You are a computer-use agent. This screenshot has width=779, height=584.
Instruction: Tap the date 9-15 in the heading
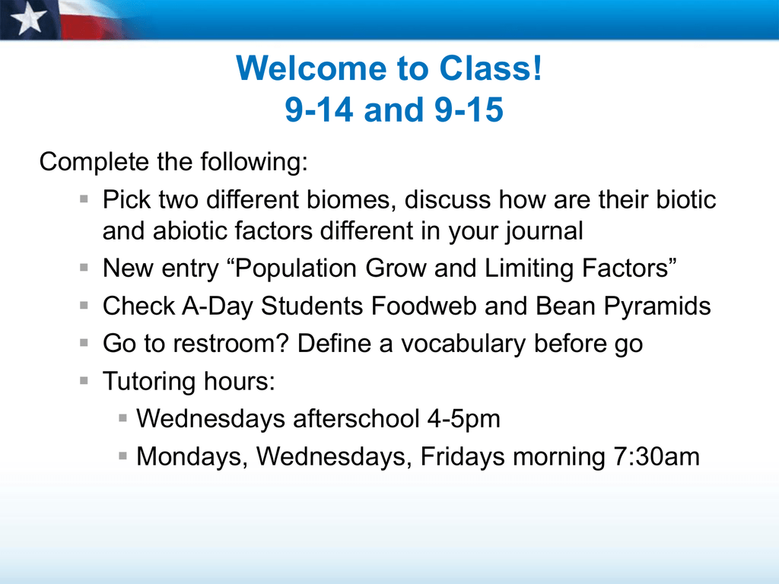469,109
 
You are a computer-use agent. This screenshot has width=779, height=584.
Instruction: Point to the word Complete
94,163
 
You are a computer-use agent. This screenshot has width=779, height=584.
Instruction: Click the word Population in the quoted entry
296,268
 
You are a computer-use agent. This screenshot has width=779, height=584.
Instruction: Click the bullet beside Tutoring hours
84,381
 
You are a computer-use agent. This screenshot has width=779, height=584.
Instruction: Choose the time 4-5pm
463,420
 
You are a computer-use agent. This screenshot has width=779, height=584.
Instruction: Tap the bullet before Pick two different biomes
84,200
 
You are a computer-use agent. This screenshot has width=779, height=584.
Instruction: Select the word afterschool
356,419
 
